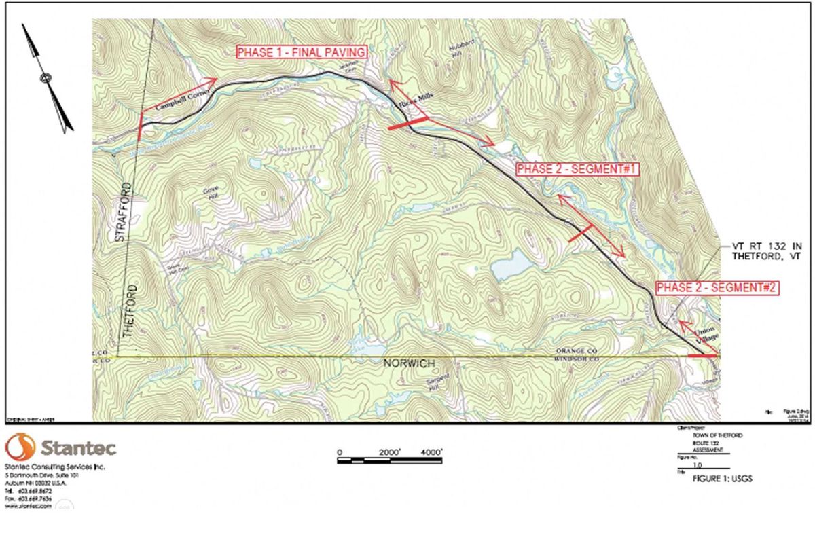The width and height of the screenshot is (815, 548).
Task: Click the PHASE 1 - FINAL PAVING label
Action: tap(302, 52)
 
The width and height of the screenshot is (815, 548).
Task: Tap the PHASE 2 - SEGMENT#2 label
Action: tap(717, 288)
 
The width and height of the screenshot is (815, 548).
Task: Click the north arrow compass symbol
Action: tap(47, 77)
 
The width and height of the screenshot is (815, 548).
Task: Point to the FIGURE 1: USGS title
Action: tap(722, 479)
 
